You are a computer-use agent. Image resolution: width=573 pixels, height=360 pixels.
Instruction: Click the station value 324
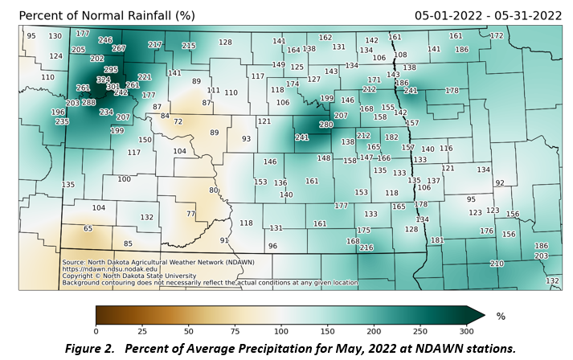coord(103,80)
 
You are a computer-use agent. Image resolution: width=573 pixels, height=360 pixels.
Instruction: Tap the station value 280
coord(325,125)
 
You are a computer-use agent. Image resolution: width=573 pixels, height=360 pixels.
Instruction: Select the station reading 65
coord(88,228)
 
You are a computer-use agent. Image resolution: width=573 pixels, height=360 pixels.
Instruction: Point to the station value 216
coord(366,247)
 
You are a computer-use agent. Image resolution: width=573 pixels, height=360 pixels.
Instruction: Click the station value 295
coord(111,70)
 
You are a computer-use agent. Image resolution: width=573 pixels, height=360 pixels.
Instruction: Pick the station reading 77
coord(190,214)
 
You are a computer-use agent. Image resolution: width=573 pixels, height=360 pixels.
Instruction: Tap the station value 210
coord(497,264)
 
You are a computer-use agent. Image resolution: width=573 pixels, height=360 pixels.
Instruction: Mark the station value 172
coord(497,35)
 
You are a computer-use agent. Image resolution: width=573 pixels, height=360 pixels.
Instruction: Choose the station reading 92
coord(499,183)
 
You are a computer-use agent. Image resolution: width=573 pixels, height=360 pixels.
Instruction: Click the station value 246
coord(105,40)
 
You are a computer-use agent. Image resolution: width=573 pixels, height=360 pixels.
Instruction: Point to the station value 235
coord(62,121)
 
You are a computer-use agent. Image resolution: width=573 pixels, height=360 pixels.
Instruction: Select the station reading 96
coord(272,246)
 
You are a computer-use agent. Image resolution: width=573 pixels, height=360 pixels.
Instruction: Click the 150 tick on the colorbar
coord(281,331)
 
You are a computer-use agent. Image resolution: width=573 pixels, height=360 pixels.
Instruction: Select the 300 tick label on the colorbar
coord(466,331)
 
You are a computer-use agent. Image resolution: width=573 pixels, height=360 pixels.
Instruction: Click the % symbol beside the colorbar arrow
coord(501,317)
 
